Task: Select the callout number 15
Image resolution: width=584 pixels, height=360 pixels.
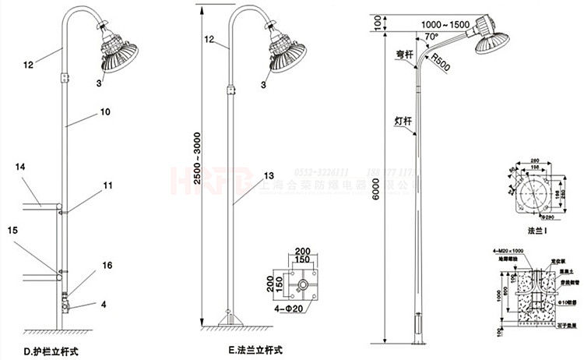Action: (13, 231)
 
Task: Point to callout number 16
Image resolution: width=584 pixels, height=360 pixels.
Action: (107, 266)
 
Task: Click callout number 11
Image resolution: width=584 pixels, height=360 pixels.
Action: (107, 185)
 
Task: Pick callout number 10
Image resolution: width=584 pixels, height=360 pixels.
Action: (104, 113)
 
